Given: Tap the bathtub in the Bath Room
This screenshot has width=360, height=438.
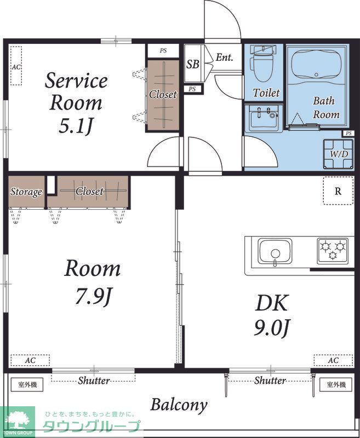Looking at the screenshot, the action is pos(316,65).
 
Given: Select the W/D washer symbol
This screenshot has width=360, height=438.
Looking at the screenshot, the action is pos(339,154).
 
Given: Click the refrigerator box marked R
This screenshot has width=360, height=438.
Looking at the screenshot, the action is pos(338,191).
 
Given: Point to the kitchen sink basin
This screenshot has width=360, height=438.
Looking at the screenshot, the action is pos(275,251).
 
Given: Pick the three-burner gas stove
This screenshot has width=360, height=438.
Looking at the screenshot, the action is pos(333,251).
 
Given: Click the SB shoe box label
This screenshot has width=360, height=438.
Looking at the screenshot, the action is pos(193,64).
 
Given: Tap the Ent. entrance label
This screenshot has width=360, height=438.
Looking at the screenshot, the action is pos(224,57).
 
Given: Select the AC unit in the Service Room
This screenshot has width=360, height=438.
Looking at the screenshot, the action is pos(16,66).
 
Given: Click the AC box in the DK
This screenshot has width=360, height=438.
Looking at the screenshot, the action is pos(333,360).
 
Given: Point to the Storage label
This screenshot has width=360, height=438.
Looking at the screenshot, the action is pos(26,192).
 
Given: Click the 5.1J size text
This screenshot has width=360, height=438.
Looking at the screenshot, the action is pos(76,126).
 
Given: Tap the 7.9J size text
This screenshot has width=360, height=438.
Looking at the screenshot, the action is pos(94,296).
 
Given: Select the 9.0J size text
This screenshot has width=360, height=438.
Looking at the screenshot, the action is pos(272,327).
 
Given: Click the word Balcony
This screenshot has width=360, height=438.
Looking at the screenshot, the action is pos(179,405).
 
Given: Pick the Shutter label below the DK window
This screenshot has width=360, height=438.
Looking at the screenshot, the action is pos(270,380).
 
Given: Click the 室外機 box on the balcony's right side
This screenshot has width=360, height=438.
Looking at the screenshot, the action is pos(336,385).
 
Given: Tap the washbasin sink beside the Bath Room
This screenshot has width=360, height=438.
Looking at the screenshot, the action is pos(264,118).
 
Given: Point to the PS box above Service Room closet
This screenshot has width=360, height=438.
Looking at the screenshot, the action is pos(163,51).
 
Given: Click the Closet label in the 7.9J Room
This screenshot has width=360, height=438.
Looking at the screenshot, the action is pos(89,191).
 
